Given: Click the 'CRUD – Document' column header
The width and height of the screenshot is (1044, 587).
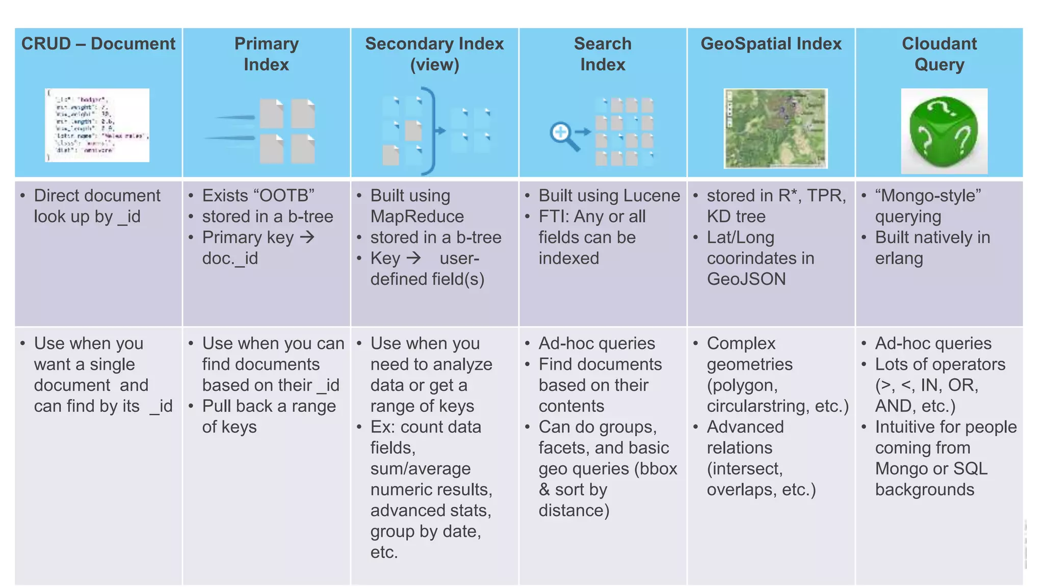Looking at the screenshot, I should coord(98,44).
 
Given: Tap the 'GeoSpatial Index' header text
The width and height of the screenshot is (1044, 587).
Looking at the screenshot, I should coord(771,44).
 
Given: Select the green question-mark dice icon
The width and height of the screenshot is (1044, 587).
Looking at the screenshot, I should coord(944,131).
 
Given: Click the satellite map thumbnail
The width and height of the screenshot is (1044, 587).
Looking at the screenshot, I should coord(775,128).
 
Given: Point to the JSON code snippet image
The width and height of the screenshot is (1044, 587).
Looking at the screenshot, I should coord(97,125).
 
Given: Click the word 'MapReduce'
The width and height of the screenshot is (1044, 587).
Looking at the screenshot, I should coord(417,217).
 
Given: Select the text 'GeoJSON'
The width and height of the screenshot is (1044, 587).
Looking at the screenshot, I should coord(746,279).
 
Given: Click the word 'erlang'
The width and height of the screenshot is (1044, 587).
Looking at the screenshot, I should coord(899,258).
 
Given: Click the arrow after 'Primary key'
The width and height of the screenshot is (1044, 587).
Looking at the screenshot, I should coord(307,237).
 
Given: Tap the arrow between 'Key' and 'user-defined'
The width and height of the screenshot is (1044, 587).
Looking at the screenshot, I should coord(413,258).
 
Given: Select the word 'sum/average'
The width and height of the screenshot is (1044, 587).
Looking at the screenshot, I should coord(420,469).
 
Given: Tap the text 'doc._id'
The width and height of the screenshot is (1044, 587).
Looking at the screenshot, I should coord(230,258).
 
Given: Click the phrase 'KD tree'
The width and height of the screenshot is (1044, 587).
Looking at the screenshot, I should coord(736,217).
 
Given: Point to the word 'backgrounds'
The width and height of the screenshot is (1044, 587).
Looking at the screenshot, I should coord(924,490).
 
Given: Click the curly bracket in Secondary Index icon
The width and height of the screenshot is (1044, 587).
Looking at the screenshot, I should coord(431,130).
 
